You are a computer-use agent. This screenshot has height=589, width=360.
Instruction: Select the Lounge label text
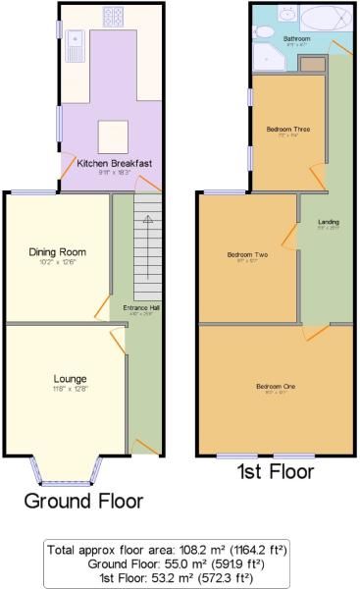(x=70, y=379)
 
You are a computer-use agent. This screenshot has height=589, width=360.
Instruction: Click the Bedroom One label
(x=276, y=386)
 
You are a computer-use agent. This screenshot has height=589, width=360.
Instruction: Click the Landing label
(x=329, y=222)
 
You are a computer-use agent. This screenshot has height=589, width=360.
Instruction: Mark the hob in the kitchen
(x=112, y=16)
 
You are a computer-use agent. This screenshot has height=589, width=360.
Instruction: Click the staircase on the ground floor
(x=146, y=245)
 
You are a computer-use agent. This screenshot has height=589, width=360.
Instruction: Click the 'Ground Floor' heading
(x=82, y=501)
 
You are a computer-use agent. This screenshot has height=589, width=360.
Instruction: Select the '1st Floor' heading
(x=275, y=472)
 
